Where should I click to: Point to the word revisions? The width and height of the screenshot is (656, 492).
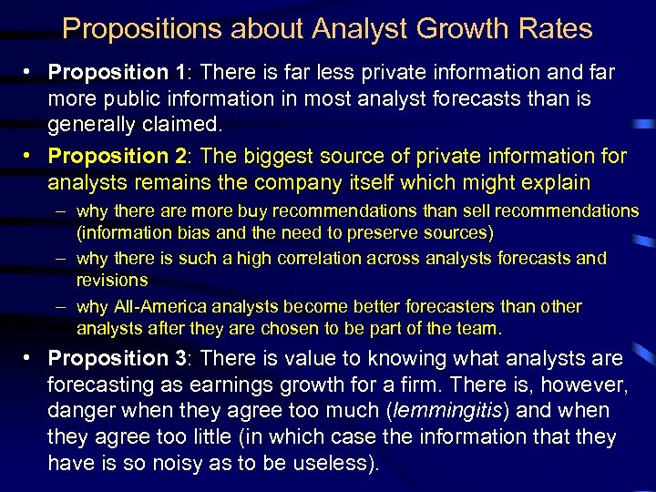click(112, 280)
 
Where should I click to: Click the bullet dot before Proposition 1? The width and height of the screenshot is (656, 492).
click(31, 72)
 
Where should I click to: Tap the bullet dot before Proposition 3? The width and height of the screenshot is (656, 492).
click(31, 359)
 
